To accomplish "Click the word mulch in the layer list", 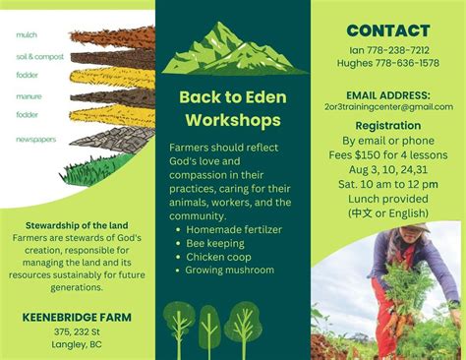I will [27, 34].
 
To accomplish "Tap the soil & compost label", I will [39, 57].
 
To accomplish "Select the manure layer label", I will [29, 96].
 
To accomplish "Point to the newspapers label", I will [36, 139].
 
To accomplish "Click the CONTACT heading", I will [388, 30].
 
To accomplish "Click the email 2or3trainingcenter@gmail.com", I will [387, 106].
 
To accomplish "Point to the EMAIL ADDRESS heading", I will [387, 93].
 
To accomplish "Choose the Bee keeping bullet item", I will [219, 242].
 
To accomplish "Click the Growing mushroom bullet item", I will [229, 270].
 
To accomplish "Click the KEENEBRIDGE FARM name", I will [78, 317].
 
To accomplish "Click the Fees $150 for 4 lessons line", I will [388, 154].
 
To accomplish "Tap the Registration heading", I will [388, 126].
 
